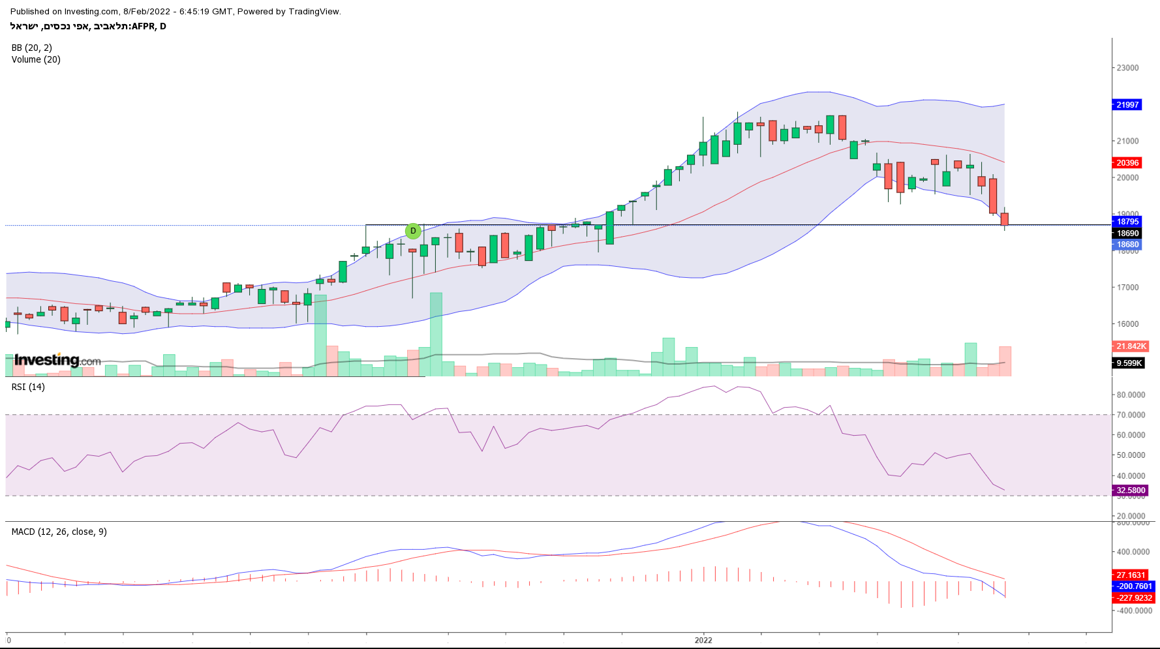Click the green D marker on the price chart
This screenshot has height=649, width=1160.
[x=413, y=231]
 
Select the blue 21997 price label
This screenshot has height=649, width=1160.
[x=1127, y=105]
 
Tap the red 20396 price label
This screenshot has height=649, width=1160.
[x=1127, y=163]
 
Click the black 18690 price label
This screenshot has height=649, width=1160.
[x=1127, y=234]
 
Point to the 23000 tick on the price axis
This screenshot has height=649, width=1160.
[x=1127, y=68]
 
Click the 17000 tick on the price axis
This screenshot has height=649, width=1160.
[x=1127, y=288]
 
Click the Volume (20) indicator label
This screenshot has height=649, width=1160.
[x=36, y=59]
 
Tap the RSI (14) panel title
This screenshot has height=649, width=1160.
[x=28, y=387]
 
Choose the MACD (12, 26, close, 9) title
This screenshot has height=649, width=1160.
[x=59, y=532]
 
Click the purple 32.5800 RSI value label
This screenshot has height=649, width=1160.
[x=1130, y=491]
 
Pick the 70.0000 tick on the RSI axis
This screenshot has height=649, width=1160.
[x=1131, y=415]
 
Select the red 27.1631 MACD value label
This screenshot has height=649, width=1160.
[x=1130, y=575]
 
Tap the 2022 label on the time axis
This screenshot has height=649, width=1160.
[x=703, y=640]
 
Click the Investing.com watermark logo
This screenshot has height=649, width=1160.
[x=57, y=360]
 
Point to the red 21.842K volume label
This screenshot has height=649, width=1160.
[x=1130, y=346]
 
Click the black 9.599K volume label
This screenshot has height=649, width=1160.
[x=1129, y=363]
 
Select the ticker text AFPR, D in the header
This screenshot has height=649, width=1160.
[x=149, y=27]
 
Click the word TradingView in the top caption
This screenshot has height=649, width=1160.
[x=314, y=12]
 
